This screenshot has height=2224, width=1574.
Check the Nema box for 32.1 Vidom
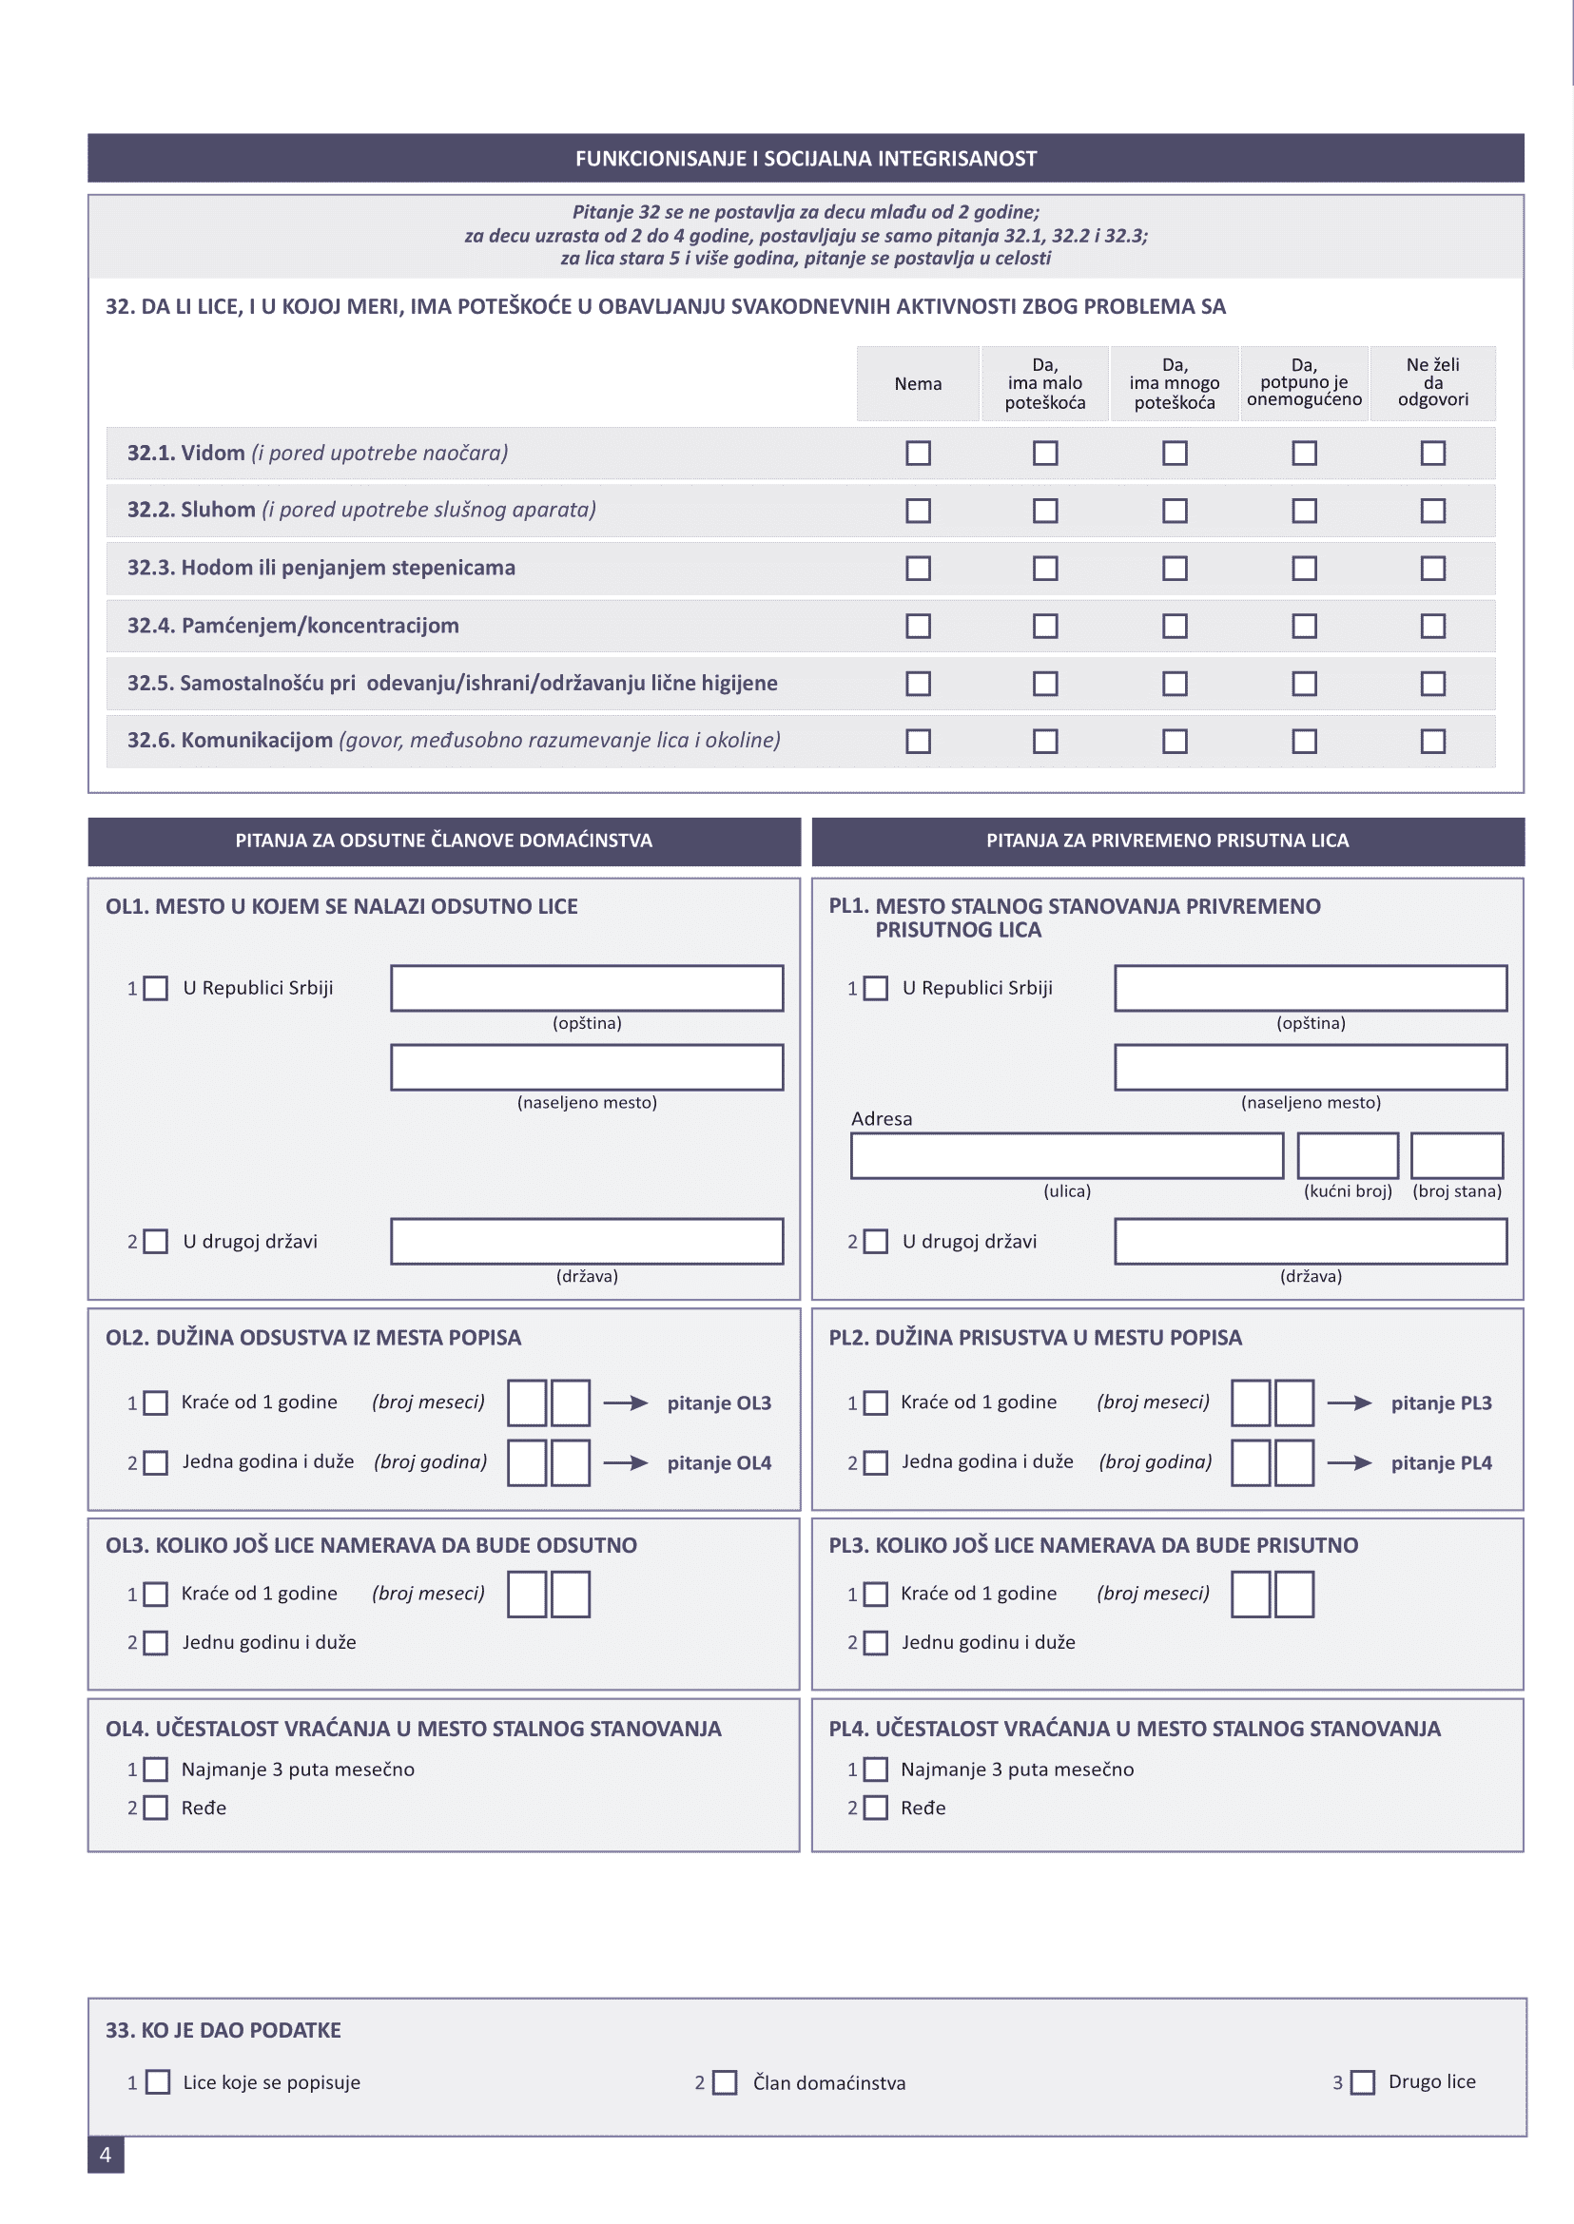[918, 454]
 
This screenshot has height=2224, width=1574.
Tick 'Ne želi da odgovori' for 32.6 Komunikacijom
[1432, 742]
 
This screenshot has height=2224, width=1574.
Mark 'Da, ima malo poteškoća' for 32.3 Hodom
[1045, 569]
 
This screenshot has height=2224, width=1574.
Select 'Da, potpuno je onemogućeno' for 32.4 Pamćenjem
[1304, 626]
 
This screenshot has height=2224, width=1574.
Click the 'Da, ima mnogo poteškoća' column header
[1174, 384]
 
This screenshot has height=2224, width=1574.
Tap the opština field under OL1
[587, 989]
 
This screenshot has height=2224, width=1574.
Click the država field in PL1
[1311, 1242]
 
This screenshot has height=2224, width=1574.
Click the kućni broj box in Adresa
[1348, 1156]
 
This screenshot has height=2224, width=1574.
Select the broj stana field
[1456, 1156]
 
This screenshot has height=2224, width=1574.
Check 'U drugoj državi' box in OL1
[156, 1243]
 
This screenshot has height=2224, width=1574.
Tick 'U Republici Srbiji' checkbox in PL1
[875, 989]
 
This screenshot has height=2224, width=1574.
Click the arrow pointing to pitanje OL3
[625, 1403]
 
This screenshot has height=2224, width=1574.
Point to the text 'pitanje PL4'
[1441, 1463]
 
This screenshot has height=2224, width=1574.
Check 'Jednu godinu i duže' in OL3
[156, 1642]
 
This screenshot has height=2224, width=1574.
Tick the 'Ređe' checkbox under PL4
[875, 1808]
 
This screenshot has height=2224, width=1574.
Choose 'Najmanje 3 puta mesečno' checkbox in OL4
[156, 1770]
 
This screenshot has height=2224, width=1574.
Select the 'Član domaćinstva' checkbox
[725, 2082]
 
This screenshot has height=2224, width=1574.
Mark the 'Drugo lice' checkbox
[1363, 2082]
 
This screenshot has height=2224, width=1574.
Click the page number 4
[106, 2155]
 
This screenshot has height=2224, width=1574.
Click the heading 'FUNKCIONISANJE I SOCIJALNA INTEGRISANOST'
[806, 159]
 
